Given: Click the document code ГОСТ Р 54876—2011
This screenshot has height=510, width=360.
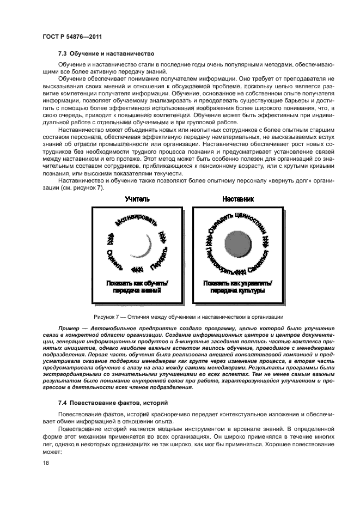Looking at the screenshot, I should click(72, 37).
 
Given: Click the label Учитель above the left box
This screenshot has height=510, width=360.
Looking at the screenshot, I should click(137, 200).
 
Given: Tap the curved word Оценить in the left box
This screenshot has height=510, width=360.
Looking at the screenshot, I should click(114, 260).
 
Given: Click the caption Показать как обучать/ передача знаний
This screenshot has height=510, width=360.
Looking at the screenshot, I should click(137, 287).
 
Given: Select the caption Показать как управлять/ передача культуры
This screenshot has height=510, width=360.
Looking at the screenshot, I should click(238, 287).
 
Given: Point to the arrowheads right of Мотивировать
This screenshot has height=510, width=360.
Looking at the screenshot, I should click(162, 235).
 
